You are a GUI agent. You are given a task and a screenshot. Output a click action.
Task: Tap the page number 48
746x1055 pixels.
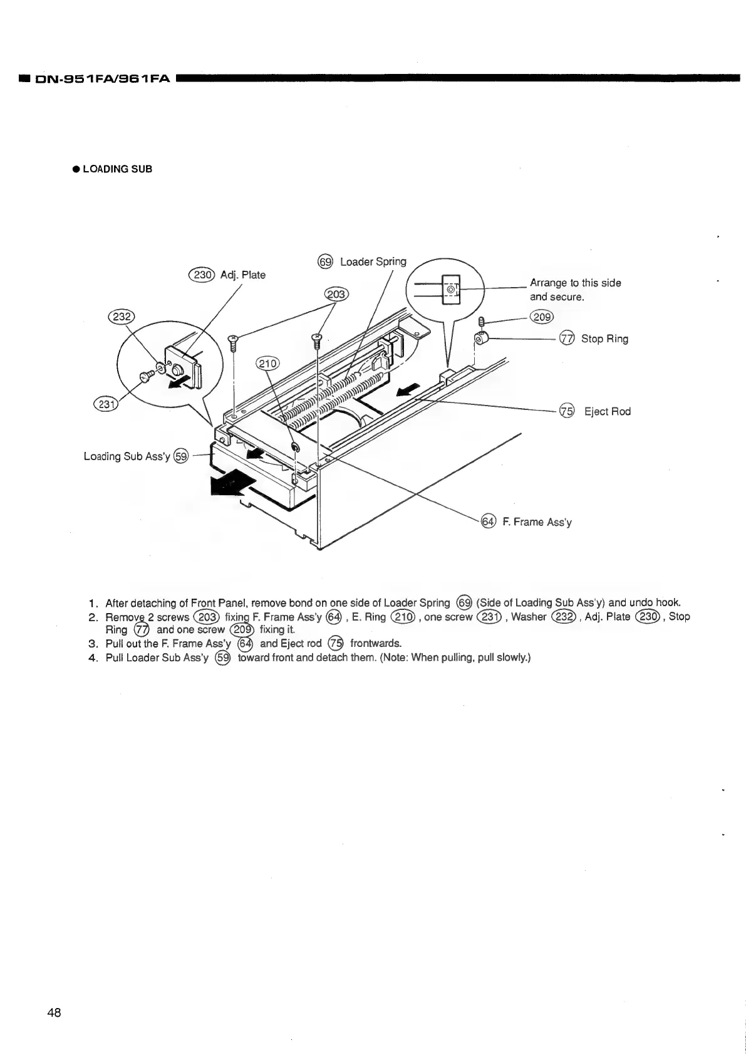point(54,1013)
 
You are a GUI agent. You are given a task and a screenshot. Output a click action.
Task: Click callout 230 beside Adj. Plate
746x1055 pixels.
point(202,274)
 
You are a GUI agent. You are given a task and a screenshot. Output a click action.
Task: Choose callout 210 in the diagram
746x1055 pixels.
point(269,363)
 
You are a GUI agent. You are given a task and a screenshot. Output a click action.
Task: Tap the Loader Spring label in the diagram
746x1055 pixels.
point(373,261)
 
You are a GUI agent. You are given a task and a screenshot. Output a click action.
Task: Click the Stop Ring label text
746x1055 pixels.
point(604,339)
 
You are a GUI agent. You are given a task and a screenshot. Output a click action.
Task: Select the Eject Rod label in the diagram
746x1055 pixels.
point(607,411)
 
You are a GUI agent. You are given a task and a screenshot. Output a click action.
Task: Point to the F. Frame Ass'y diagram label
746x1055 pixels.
point(537,522)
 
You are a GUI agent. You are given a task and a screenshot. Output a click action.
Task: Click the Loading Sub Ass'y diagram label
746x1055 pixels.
point(127,456)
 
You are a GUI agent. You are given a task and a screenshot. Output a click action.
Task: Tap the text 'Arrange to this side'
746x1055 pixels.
point(575,283)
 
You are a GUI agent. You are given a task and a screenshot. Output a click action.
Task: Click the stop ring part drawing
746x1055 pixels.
point(482,340)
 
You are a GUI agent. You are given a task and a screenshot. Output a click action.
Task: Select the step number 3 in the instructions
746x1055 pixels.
point(92,644)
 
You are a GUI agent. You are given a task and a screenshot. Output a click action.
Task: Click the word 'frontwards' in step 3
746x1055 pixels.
point(375,643)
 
